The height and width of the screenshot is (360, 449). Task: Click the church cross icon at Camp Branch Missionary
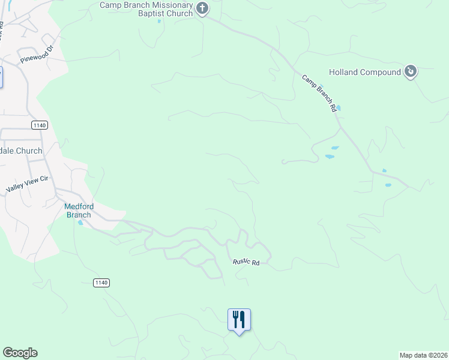[x=202, y=8]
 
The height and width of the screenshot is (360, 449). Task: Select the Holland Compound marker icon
[x=411, y=72]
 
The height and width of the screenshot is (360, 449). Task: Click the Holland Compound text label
[x=364, y=73]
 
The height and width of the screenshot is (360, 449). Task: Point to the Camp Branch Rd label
[x=318, y=94]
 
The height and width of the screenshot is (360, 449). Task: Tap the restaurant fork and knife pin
[x=239, y=319]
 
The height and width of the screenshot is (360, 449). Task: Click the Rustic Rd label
[x=246, y=263]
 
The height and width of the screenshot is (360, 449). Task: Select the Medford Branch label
[x=78, y=211]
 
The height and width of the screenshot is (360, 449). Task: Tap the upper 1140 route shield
[x=39, y=125]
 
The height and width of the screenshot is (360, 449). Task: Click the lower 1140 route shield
[x=101, y=282]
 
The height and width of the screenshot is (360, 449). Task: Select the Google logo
[x=20, y=353]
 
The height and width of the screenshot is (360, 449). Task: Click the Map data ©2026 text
[x=423, y=355]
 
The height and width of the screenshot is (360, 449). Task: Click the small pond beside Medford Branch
[x=80, y=223]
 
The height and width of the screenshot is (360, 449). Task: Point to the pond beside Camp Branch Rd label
[x=339, y=108]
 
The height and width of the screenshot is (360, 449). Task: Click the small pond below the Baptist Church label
[x=159, y=22]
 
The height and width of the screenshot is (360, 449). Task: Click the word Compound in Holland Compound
[x=380, y=73]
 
